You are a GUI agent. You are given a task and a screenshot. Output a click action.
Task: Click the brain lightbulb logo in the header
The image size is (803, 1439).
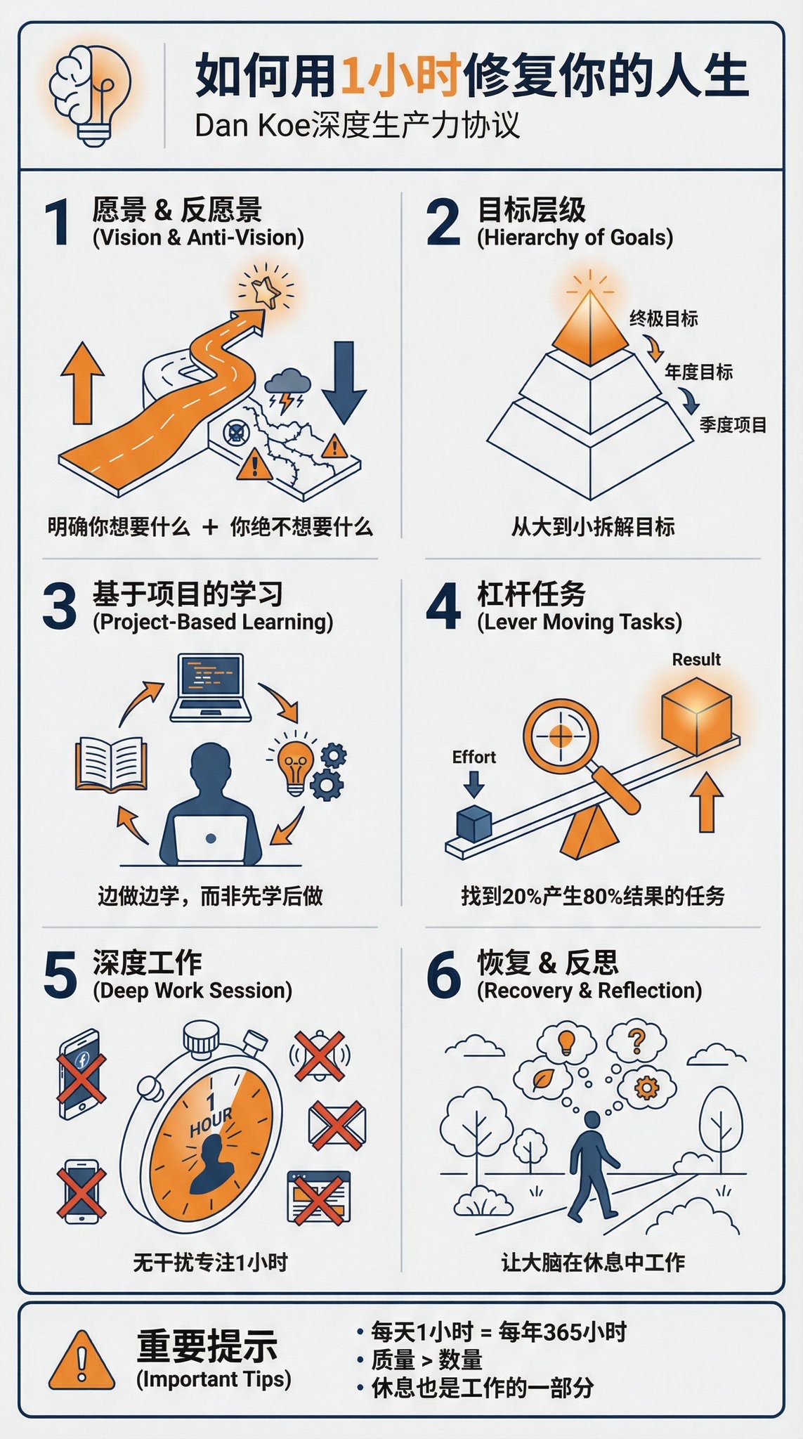coord(90,94)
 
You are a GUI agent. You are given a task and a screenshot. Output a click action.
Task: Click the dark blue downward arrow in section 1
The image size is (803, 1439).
coord(344,382)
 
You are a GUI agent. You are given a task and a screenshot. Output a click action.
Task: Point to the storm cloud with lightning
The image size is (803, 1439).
coord(287,391)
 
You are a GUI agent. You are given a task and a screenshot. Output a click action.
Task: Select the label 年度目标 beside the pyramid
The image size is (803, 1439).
coord(698,372)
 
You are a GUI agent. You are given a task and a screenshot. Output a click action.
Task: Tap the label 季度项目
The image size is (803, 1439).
coord(733,425)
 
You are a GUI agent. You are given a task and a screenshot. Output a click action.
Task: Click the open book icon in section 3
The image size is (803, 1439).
coord(111,764)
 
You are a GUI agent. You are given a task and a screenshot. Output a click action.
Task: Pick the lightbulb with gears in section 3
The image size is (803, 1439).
coord(306,765)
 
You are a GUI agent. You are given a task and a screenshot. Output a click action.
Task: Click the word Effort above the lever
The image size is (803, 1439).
coord(474,757)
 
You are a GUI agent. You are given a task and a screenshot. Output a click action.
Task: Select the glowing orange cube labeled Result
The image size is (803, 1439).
coord(696,716)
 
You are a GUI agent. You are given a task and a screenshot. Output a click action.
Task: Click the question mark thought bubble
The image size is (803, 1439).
coord(636,1041)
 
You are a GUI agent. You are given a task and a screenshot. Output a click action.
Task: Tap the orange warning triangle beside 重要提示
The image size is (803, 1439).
coord(82,1360)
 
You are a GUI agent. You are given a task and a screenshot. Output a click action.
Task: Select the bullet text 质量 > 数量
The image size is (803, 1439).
coord(426,1360)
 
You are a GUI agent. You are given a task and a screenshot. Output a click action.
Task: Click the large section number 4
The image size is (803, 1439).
coord(443,606)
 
